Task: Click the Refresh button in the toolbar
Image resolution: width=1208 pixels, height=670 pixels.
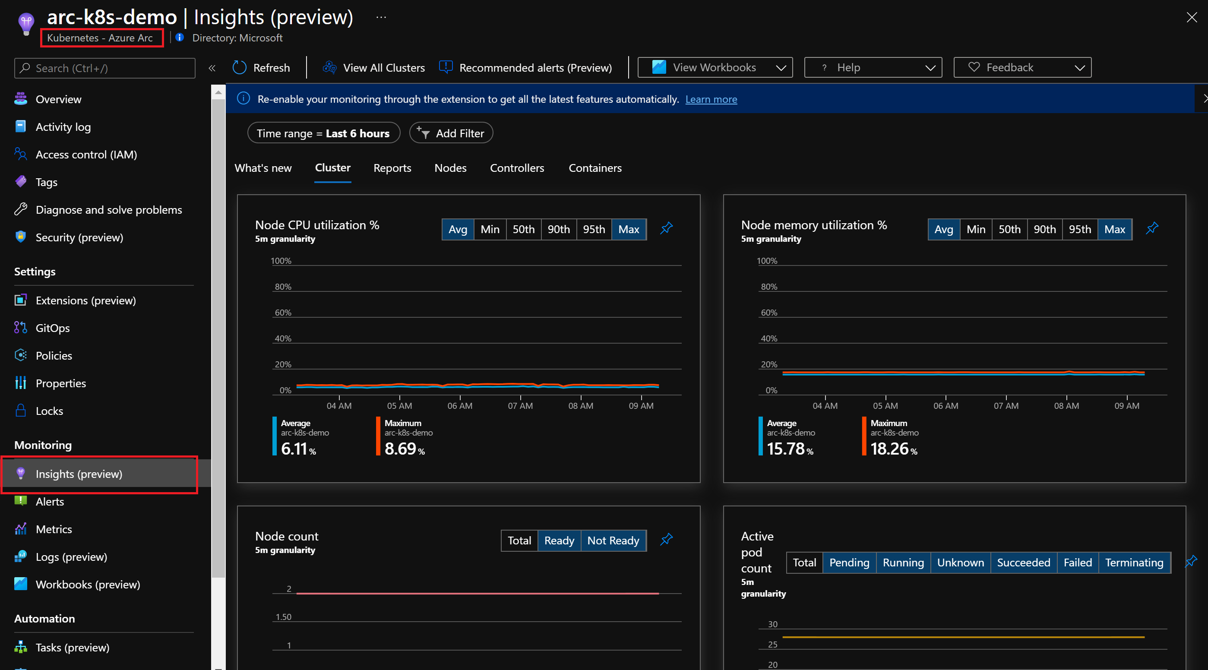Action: click(262, 68)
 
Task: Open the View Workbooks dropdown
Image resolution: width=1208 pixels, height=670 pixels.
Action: click(714, 68)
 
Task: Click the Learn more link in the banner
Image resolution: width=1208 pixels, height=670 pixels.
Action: click(711, 99)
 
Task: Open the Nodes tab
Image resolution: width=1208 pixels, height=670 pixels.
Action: click(450, 168)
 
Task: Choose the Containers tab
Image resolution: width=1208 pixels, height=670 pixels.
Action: click(595, 168)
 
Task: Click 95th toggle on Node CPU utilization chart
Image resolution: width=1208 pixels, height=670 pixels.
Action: click(594, 229)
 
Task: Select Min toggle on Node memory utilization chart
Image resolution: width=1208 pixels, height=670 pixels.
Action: click(975, 229)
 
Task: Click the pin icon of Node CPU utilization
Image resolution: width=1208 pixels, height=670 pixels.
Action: click(666, 228)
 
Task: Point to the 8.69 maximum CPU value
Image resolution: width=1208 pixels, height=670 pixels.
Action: click(401, 449)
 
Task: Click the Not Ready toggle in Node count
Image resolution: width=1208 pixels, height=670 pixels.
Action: click(613, 540)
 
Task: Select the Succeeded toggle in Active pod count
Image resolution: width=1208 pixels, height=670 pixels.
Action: click(1023, 563)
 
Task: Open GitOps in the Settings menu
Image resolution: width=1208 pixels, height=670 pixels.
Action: click(53, 328)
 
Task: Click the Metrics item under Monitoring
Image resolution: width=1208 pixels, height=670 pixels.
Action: click(54, 529)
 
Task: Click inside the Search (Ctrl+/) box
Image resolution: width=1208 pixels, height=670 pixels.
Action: click(104, 69)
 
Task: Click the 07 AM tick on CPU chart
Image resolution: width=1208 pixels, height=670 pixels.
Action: click(520, 405)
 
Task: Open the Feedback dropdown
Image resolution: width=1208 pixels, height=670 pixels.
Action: click(1022, 68)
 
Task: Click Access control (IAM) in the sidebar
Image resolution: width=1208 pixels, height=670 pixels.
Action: click(86, 155)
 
